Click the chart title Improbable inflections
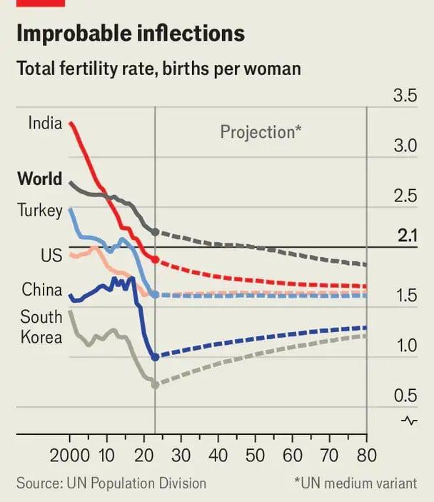coord(130,34)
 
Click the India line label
coord(45,123)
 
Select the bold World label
coord(39,179)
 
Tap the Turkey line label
coord(39,210)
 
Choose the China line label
coord(41,289)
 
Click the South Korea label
coord(41,326)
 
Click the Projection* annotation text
coord(261,132)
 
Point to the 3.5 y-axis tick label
coord(405,96)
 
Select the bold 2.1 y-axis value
coord(407,236)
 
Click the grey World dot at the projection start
coord(156,231)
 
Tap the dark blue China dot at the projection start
coord(156,357)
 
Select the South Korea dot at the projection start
coord(156,384)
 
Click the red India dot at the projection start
coord(156,259)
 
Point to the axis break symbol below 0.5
coord(409,421)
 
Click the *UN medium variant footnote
coord(355,483)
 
